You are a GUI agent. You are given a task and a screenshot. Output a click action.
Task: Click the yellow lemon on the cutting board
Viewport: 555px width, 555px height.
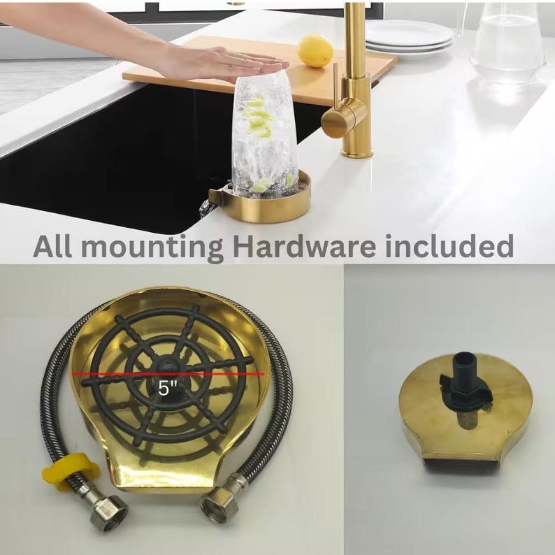click(x=315, y=51)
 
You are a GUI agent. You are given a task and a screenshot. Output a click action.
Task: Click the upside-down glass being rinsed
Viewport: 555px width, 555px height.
click(x=264, y=133)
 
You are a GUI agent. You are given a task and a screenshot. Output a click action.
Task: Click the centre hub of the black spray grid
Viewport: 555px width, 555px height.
click(x=165, y=364)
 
